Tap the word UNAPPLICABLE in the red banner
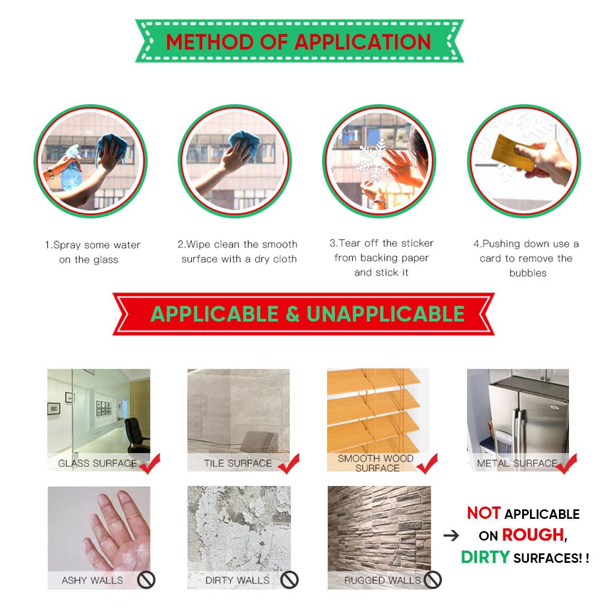pyautogui.click(x=386, y=314)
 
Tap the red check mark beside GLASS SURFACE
pyautogui.click(x=150, y=464)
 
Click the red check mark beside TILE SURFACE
pyautogui.click(x=290, y=464)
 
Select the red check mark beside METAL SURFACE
pyautogui.click(x=567, y=464)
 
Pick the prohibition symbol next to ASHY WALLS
pyautogui.click(x=146, y=580)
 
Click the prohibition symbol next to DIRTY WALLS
pyautogui.click(x=289, y=580)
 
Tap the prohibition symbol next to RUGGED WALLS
pyautogui.click(x=432, y=580)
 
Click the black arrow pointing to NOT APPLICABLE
pyautogui.click(x=451, y=535)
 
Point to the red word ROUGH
pyautogui.click(x=533, y=535)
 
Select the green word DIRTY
pyautogui.click(x=485, y=557)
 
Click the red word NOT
pyautogui.click(x=484, y=513)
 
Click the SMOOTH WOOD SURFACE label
pyautogui.click(x=376, y=463)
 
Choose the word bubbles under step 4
pyautogui.click(x=528, y=273)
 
